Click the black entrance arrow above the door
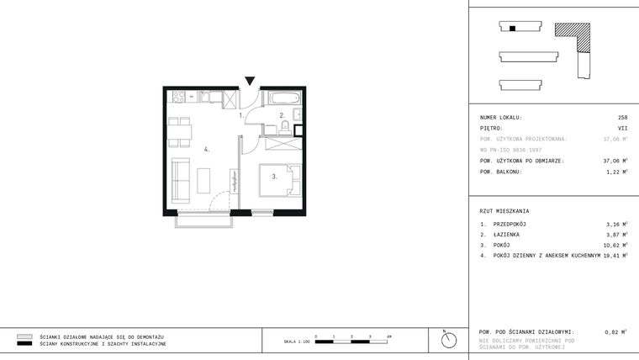click(x=250, y=82)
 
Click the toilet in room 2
click(x=285, y=127)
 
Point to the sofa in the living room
click(x=179, y=177)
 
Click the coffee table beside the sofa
click(x=204, y=180)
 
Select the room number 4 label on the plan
click(x=206, y=149)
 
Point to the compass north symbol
click(x=449, y=340)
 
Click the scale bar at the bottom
click(x=352, y=339)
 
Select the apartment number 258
click(x=622, y=118)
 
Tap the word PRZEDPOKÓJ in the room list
click(x=509, y=225)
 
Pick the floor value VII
click(x=623, y=129)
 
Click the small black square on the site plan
click(x=512, y=28)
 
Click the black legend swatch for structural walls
click(x=24, y=344)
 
